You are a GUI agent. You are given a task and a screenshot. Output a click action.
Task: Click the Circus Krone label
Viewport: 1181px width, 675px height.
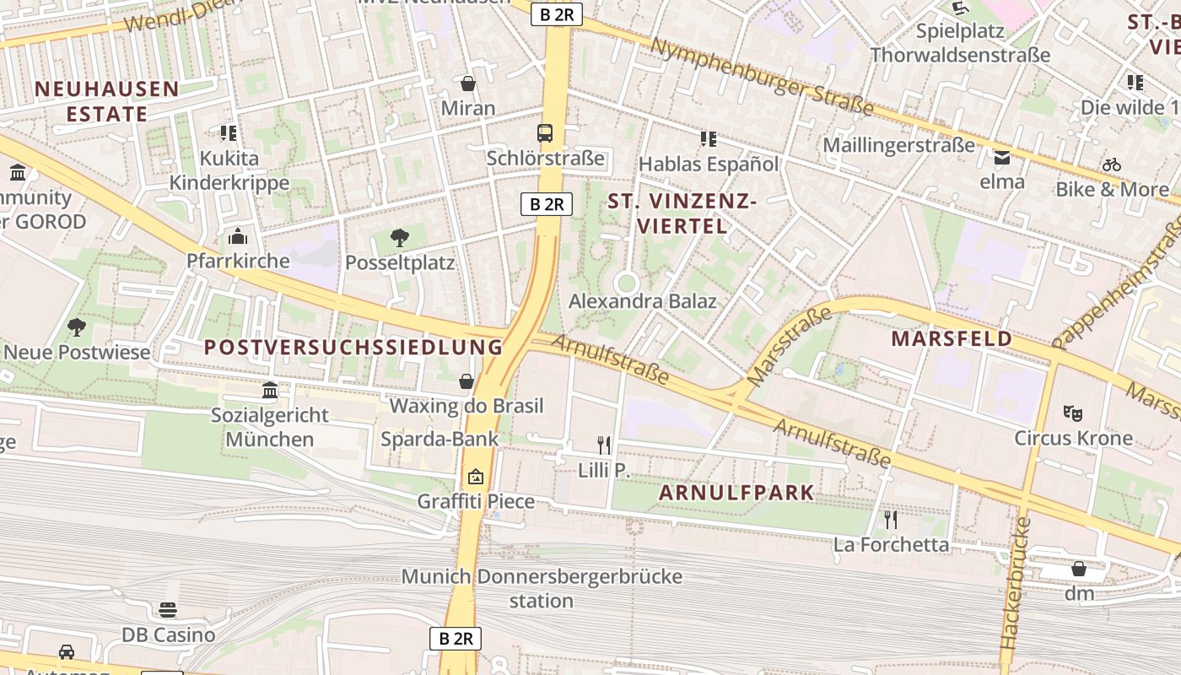point(1073,438)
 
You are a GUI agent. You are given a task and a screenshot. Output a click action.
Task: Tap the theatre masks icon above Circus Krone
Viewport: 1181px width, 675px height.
point(1073,413)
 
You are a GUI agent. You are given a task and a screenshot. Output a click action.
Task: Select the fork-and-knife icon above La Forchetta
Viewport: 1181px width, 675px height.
point(890,519)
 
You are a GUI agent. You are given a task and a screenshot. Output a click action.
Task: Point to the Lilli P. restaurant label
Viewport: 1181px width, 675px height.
point(604,471)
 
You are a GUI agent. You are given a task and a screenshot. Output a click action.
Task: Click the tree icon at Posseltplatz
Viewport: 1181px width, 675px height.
point(400,238)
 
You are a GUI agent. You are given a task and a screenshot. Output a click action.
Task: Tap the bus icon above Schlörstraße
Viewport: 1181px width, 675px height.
point(545,132)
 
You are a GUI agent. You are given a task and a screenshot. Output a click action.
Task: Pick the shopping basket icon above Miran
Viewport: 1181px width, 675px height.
point(468,84)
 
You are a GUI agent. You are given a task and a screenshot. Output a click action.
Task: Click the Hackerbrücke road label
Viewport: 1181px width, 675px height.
point(1015,582)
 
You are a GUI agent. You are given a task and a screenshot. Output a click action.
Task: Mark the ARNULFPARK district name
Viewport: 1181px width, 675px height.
point(736,493)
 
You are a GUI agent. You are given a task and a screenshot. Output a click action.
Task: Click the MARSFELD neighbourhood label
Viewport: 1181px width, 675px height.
point(952,338)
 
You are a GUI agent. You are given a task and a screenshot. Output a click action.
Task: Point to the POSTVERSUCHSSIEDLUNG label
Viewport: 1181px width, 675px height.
point(353,347)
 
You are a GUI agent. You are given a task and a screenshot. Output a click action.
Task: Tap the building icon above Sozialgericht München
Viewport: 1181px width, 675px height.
point(270,390)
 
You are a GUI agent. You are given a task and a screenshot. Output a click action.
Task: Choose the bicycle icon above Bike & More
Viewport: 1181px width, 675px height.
point(1112,165)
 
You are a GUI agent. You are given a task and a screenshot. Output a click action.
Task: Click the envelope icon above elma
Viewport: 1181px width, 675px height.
point(1002,157)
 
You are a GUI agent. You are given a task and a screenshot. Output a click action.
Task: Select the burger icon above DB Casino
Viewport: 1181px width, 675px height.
point(168,609)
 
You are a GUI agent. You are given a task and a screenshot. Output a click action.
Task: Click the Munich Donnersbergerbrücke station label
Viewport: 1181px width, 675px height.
point(542,589)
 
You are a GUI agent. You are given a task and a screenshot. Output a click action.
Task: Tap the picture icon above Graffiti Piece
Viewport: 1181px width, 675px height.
point(476,477)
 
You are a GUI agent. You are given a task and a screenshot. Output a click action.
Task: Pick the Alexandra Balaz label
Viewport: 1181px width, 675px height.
point(642,301)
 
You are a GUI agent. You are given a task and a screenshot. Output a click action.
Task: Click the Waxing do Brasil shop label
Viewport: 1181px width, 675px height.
point(466,406)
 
